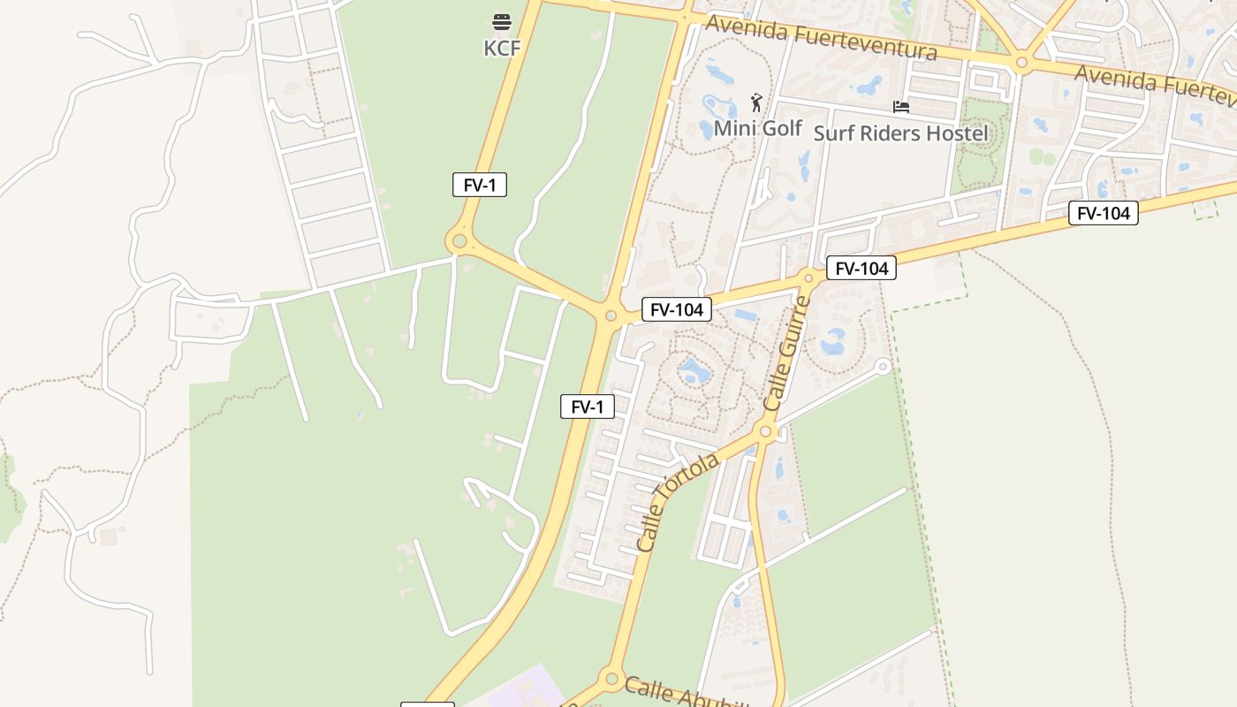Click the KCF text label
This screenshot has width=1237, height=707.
[502, 48]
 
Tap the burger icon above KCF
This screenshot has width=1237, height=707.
[502, 21]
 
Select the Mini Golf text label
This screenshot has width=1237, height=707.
[757, 128]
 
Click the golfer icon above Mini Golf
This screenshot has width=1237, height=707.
[755, 103]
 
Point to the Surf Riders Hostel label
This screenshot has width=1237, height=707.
[900, 133]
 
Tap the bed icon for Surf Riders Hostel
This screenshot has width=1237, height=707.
[900, 107]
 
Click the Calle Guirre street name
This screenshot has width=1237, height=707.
[787, 353]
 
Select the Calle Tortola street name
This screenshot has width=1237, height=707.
[678, 503]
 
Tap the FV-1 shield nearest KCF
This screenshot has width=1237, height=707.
[479, 185]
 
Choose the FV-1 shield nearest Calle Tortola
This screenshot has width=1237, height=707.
[587, 407]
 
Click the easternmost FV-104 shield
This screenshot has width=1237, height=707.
[1103, 213]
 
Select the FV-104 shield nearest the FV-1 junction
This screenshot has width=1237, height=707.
[676, 309]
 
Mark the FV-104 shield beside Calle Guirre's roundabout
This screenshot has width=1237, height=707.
[861, 268]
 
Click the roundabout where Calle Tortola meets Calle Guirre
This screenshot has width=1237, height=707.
[766, 432]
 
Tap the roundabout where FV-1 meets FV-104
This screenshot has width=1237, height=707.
[611, 315]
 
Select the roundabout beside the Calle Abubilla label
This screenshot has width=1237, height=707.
[611, 680]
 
